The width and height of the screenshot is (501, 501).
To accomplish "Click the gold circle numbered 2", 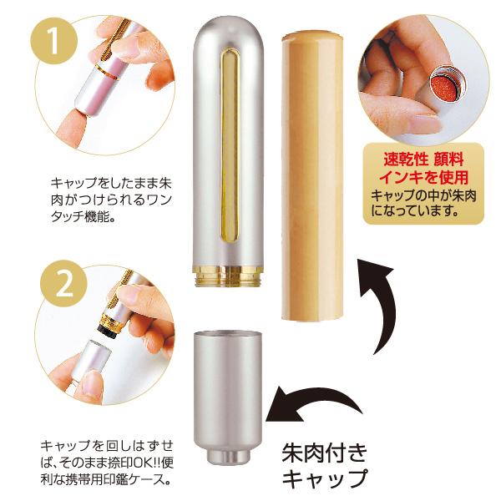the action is coord(64,284).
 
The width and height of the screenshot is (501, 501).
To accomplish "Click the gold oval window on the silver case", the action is coord(230,144).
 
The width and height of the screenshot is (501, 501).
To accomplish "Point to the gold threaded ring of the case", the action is coord(228,275).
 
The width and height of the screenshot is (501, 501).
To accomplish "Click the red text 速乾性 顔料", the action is coord(423,159).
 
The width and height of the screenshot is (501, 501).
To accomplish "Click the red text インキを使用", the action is coord(423,177).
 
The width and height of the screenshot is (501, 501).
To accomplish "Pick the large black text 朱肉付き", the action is coord(324,453).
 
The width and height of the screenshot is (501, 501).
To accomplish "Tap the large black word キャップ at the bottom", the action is coord(325,478).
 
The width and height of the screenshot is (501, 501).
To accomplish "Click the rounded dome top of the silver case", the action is coord(229,32).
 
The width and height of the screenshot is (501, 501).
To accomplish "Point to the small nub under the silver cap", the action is coord(228,456).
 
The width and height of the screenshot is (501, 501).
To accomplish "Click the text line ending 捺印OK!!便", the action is coord(107,463).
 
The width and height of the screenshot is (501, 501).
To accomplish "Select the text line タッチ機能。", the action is coord(83,217).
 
